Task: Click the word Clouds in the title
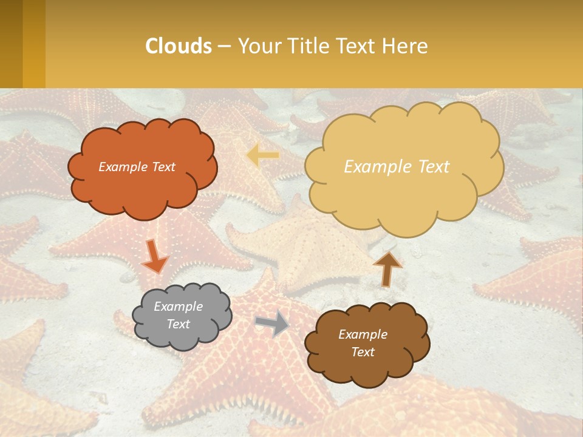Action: tap(179, 46)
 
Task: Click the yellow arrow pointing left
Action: tap(263, 155)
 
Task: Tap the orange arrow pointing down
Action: tap(154, 257)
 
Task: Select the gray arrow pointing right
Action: tap(272, 323)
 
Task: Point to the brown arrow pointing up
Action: tap(387, 268)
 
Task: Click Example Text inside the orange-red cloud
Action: tap(137, 167)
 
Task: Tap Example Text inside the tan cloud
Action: tap(397, 167)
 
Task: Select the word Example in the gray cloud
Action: tap(178, 307)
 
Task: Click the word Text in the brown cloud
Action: tap(363, 352)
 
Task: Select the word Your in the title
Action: tap(257, 46)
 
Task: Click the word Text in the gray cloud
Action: tap(178, 324)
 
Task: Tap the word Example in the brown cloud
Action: tap(363, 334)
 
